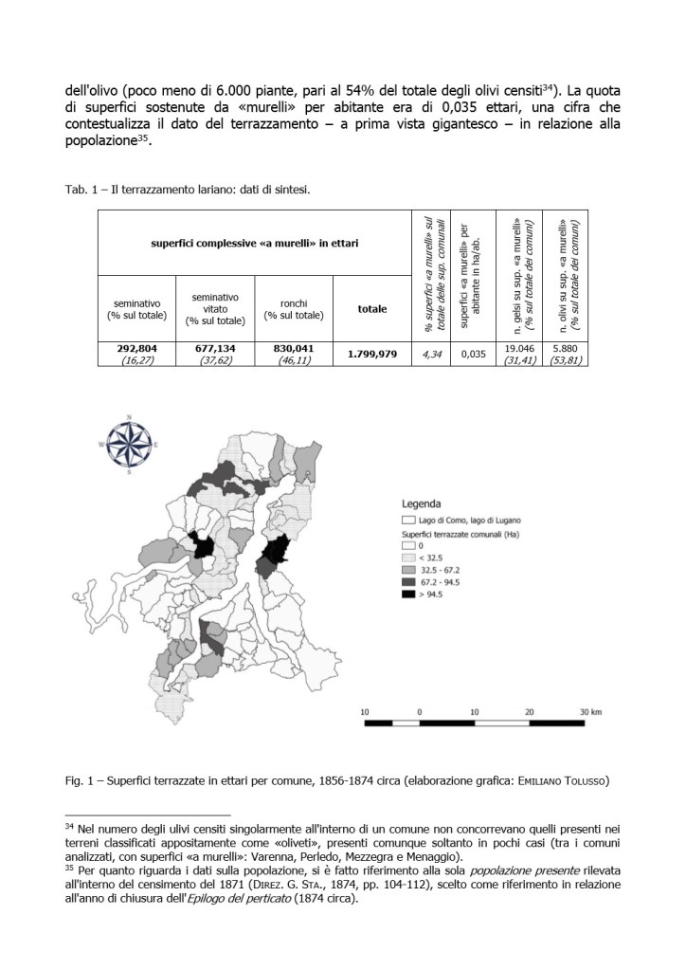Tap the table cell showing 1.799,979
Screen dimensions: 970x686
(372, 354)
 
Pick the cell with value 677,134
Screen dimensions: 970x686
(215, 354)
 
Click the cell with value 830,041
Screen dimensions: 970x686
(294, 354)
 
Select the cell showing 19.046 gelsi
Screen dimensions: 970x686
(516, 354)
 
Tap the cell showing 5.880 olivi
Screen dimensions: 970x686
(557, 354)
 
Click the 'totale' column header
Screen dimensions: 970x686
(372, 308)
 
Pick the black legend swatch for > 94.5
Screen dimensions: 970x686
(409, 595)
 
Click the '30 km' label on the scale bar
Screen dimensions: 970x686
(592, 711)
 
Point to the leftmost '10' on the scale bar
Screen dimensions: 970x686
(365, 711)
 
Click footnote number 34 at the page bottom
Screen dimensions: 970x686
(68, 828)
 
